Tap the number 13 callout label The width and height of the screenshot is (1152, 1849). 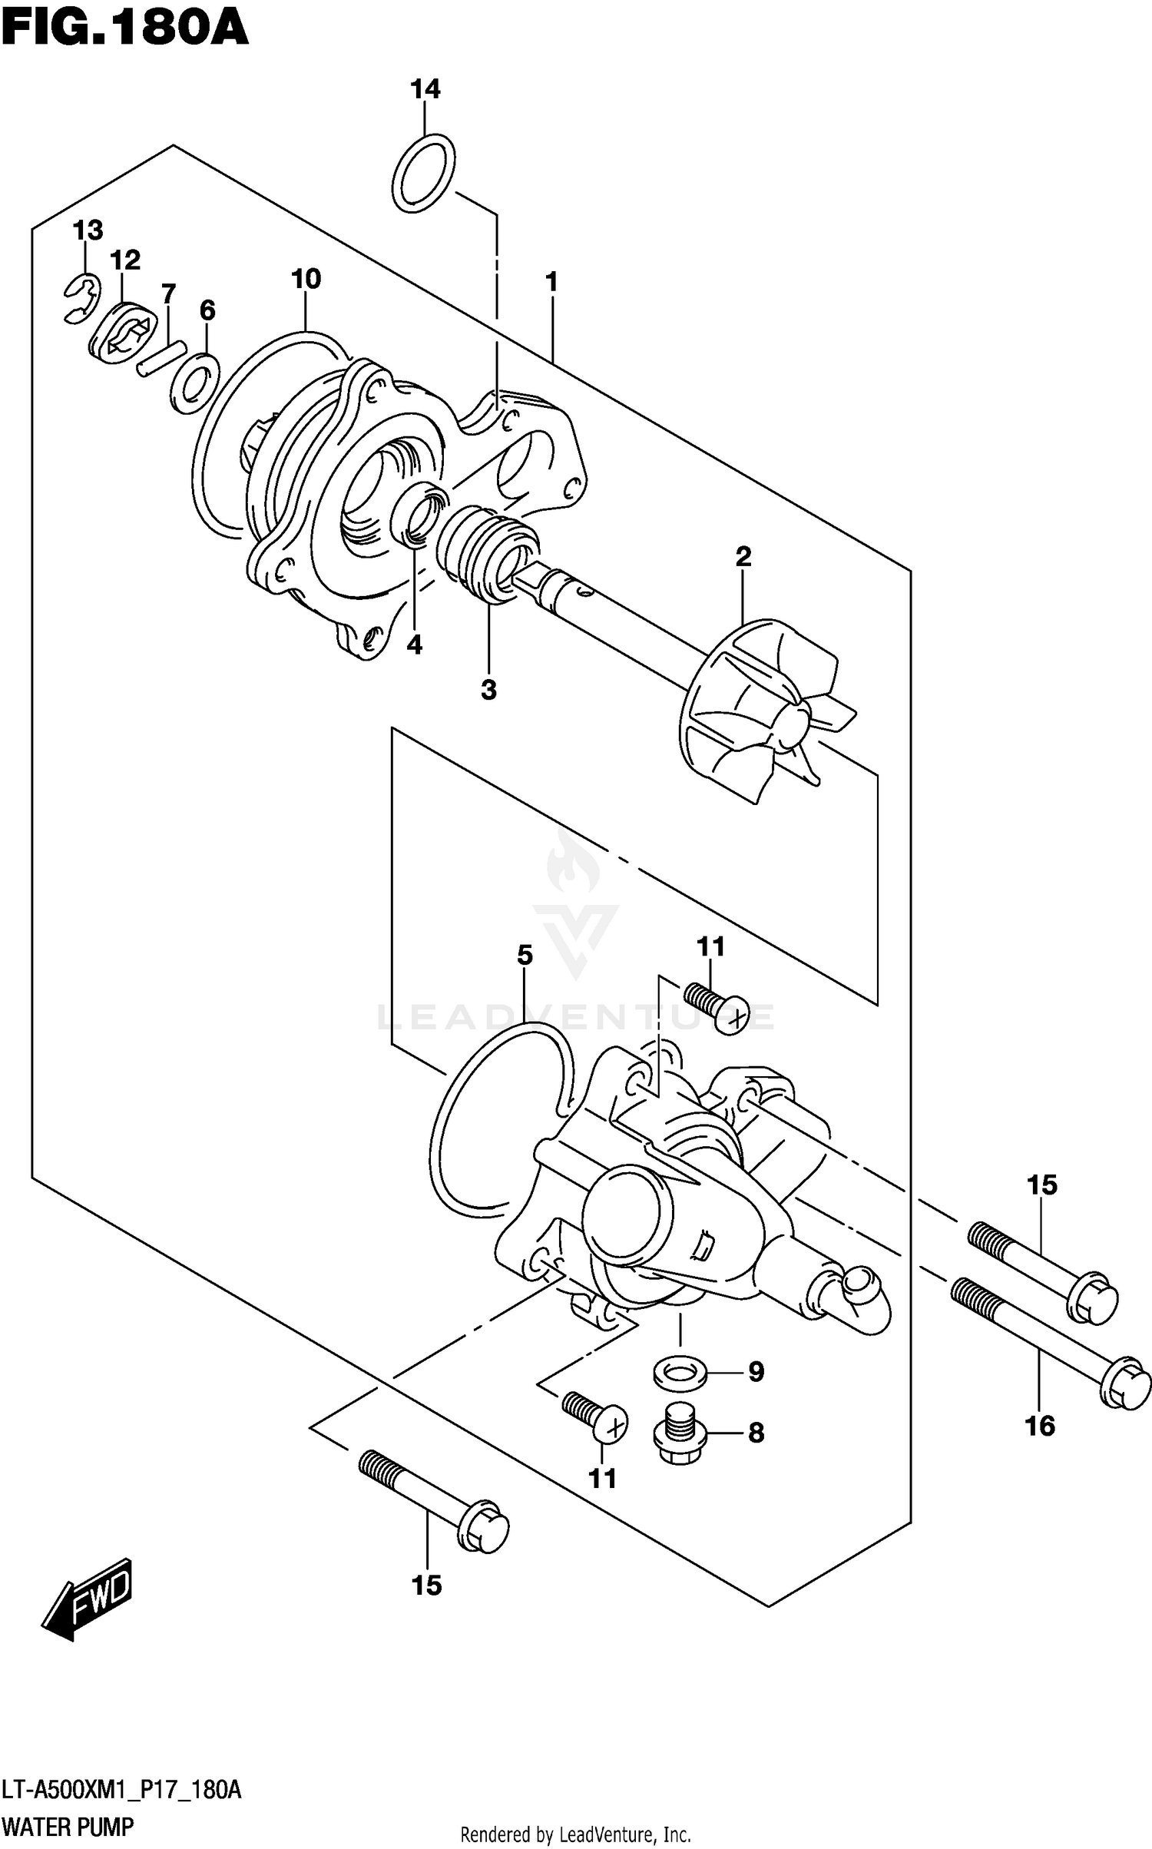(88, 230)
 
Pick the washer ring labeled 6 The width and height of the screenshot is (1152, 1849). (195, 384)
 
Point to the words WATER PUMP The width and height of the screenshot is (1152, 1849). (68, 1826)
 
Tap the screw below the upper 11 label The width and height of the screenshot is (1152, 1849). (716, 1008)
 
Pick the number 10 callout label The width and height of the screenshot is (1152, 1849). (306, 279)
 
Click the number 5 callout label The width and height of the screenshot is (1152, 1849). (525, 956)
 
